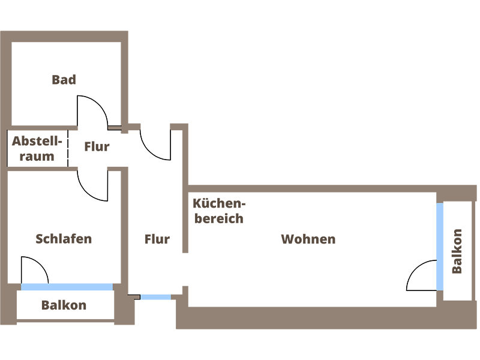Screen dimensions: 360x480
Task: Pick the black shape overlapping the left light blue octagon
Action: point(36,263)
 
